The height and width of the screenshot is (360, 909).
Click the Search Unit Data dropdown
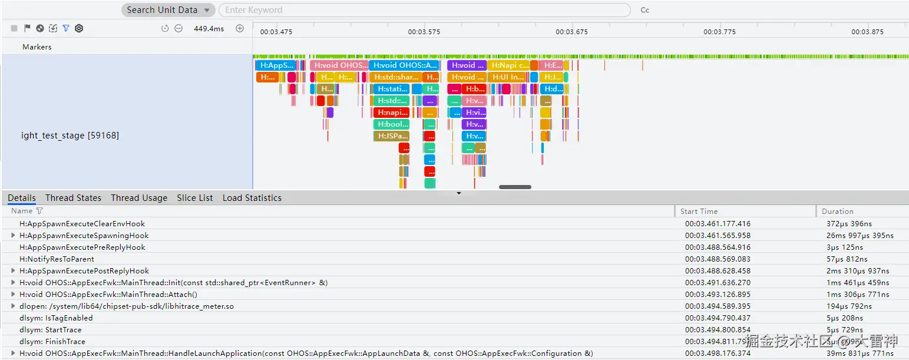tap(168, 10)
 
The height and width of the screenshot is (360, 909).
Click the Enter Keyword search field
tap(424, 10)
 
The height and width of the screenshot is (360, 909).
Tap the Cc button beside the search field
tap(644, 10)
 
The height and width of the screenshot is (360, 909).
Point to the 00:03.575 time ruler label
tap(424, 32)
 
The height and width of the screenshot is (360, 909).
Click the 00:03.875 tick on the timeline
tap(867, 32)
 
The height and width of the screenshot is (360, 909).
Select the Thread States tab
tap(73, 198)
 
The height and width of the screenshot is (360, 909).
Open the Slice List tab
tap(195, 198)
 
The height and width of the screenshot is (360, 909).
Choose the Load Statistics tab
tap(252, 198)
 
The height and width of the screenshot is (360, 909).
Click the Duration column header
tap(837, 211)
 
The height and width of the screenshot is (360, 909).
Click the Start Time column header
tap(699, 211)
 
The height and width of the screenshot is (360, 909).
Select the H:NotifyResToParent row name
tap(57, 259)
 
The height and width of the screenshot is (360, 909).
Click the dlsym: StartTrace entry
tap(51, 330)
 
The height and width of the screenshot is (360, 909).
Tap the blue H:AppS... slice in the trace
tap(275, 65)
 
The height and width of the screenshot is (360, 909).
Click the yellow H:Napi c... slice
tap(508, 65)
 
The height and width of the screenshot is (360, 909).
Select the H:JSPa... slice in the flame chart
tap(391, 136)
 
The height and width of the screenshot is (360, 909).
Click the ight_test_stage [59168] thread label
tap(70, 136)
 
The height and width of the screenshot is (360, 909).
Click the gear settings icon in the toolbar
tap(79, 28)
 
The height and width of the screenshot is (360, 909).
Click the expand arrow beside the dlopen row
tap(13, 306)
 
